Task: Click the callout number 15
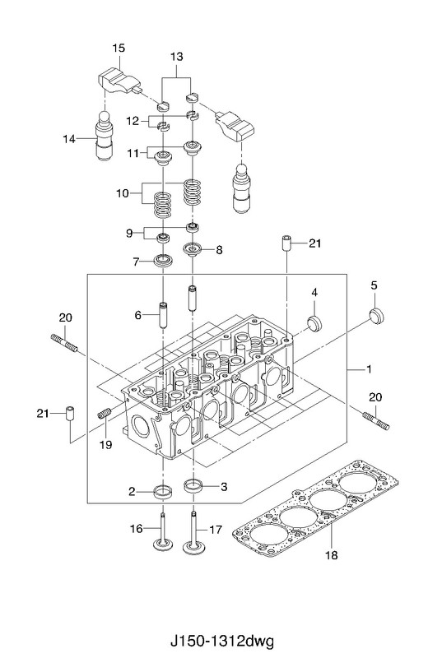point(119,49)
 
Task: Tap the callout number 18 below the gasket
point(331,555)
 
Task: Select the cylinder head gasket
point(315,507)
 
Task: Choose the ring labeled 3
point(193,486)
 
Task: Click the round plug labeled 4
point(314,322)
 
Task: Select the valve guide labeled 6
point(164,314)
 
